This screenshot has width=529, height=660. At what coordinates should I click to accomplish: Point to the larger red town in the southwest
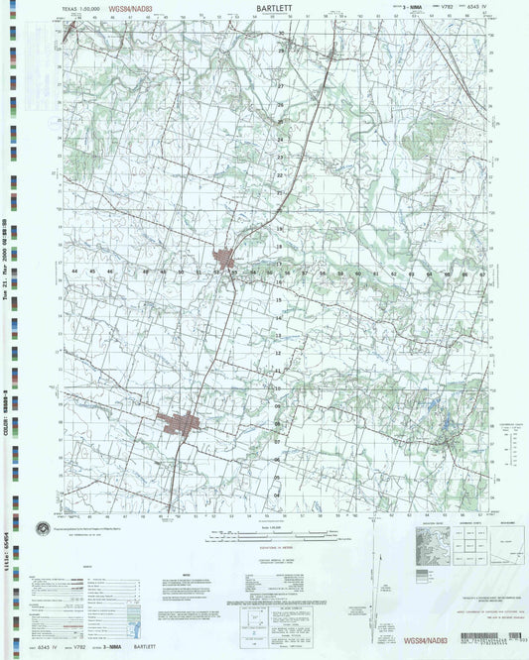[x=182, y=424]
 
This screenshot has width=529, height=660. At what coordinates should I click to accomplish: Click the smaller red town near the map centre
[x=235, y=259]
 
